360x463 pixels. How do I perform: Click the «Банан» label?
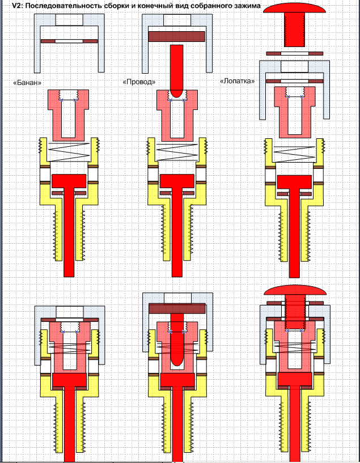coord(27,82)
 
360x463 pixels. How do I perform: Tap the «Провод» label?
coord(139,82)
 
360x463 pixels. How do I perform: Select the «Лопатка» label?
coord(237,80)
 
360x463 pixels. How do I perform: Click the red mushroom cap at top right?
coord(294,9)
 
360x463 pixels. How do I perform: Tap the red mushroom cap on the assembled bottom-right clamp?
coord(295,291)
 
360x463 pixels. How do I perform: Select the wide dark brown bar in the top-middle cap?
coord(177,36)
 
